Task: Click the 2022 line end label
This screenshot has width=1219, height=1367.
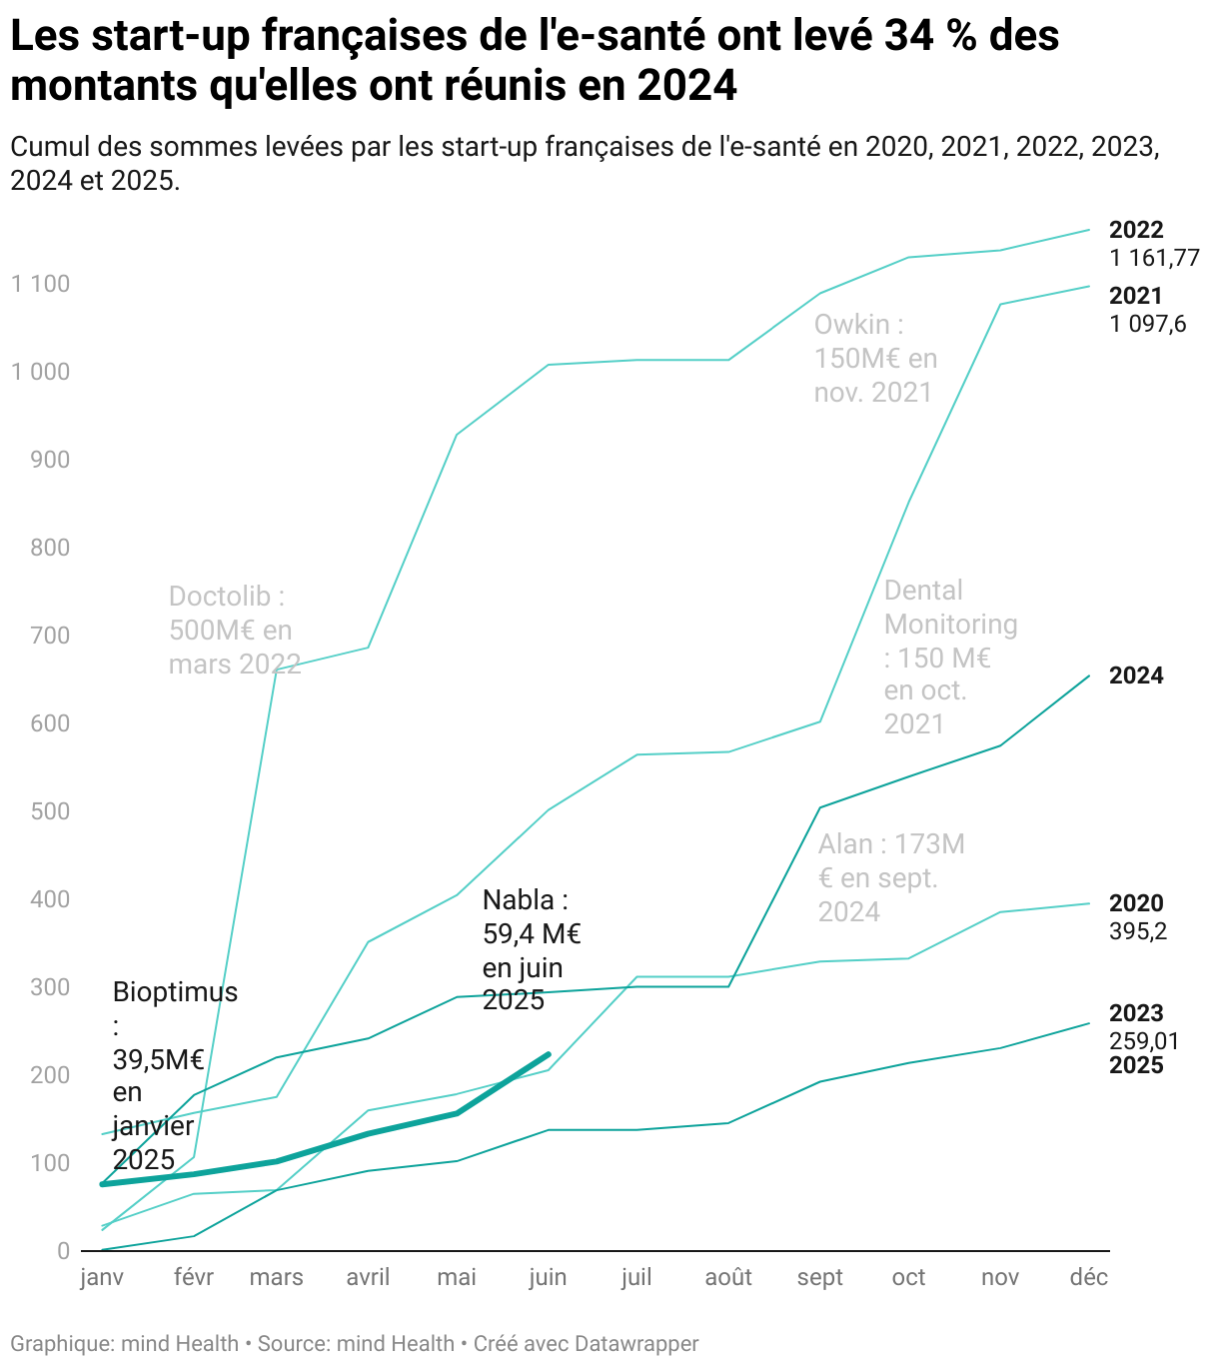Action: pos(1136,230)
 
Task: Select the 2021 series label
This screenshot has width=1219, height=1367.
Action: pos(1136,296)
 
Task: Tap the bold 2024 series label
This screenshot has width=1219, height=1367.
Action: pos(1136,676)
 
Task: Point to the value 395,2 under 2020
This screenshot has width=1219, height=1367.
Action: pos(1138,931)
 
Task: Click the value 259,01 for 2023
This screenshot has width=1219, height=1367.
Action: pos(1144,1041)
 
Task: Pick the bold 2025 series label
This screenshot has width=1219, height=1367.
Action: pos(1136,1065)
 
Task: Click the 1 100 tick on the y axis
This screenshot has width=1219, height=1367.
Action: pos(41,284)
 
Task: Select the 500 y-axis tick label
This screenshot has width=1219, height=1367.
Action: pos(50,811)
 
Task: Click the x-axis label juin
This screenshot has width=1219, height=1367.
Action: pos(548,1277)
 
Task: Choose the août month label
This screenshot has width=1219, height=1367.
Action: pos(728,1277)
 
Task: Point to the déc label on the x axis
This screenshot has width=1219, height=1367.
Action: pos(1088,1277)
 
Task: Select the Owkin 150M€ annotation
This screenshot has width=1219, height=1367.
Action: pos(875,358)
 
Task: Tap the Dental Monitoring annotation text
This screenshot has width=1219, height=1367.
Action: pos(950,657)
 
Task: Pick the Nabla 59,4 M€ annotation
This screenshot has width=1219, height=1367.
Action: pos(531,949)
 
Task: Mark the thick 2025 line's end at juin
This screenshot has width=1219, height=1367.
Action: pos(549,1053)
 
